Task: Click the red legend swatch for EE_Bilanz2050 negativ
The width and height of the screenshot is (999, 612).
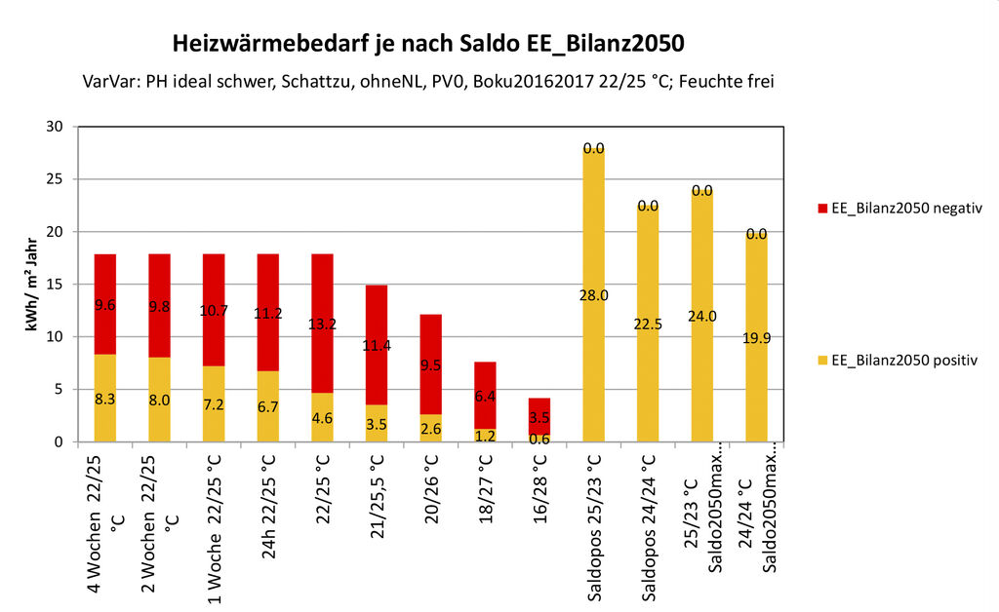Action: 821,208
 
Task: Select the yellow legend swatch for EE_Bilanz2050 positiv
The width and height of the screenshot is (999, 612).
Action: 821,361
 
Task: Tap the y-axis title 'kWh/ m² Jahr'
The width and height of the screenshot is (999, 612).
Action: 33,284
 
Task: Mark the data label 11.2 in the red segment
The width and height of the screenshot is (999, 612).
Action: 267,313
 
